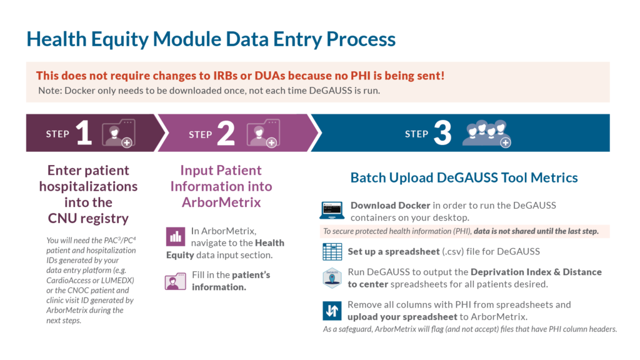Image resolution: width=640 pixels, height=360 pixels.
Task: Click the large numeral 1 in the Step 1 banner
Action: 84,132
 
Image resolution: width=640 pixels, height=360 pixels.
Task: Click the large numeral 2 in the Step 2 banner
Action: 226,133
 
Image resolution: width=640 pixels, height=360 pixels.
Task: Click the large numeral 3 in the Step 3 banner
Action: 442,133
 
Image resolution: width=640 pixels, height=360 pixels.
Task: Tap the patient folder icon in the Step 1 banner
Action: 118,133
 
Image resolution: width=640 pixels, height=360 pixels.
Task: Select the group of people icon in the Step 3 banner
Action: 486,134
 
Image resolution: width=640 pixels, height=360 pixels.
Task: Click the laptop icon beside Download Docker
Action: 332,211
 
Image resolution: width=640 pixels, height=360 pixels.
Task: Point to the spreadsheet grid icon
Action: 332,252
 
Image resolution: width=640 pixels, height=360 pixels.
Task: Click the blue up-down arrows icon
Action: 332,311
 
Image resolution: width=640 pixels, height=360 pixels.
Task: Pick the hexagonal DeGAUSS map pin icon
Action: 332,278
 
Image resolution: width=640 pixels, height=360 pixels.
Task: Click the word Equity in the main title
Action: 119,40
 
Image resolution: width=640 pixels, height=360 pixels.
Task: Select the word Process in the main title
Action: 361,39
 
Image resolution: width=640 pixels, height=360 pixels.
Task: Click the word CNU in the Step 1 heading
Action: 61,218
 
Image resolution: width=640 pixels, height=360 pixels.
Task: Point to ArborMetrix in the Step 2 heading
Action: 221,202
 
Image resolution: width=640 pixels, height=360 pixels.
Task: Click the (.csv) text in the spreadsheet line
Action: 453,251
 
